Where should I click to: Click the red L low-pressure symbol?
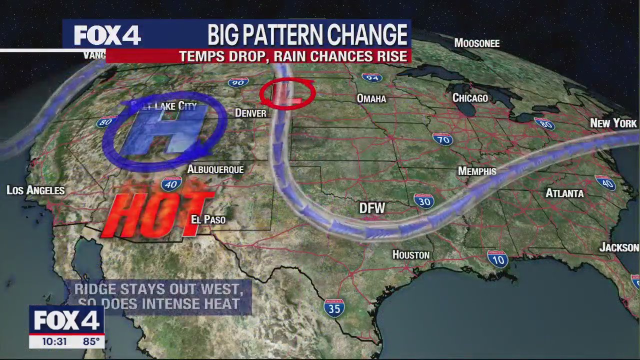[x=286, y=94]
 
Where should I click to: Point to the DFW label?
[x=372, y=208]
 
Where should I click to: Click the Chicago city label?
[x=470, y=98]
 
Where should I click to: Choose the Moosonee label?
[x=476, y=43]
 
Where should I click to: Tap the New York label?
[x=613, y=123]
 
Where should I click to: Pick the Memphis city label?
[x=477, y=171]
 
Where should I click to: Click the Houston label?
[x=410, y=255]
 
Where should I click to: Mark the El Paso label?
[x=208, y=219]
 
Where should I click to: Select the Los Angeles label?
[x=35, y=190]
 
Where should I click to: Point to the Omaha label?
[x=371, y=98]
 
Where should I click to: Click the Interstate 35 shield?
[x=334, y=308]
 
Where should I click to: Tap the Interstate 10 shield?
[x=497, y=258]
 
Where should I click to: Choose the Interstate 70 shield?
[x=442, y=138]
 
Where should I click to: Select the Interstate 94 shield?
[x=371, y=77]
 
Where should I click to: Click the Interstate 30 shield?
[x=423, y=200]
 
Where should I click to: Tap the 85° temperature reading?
[x=91, y=341]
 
